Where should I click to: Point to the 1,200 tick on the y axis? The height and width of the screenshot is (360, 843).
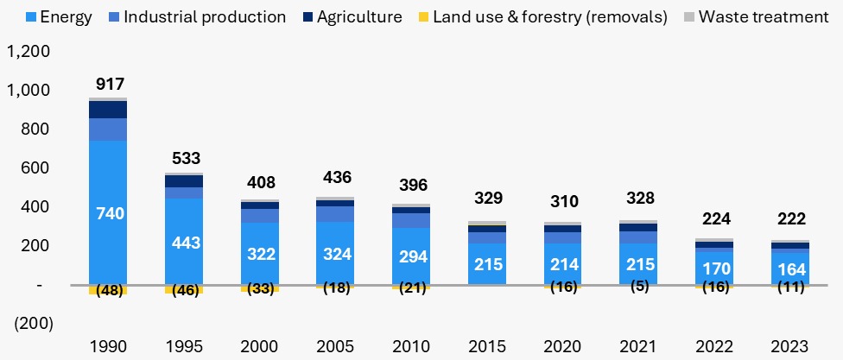29,52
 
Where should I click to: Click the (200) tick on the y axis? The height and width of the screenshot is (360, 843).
33,324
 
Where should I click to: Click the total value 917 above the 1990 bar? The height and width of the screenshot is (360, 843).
110,85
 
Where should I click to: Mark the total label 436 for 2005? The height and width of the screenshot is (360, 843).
337,177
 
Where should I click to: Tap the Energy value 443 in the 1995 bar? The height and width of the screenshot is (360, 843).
186,243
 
